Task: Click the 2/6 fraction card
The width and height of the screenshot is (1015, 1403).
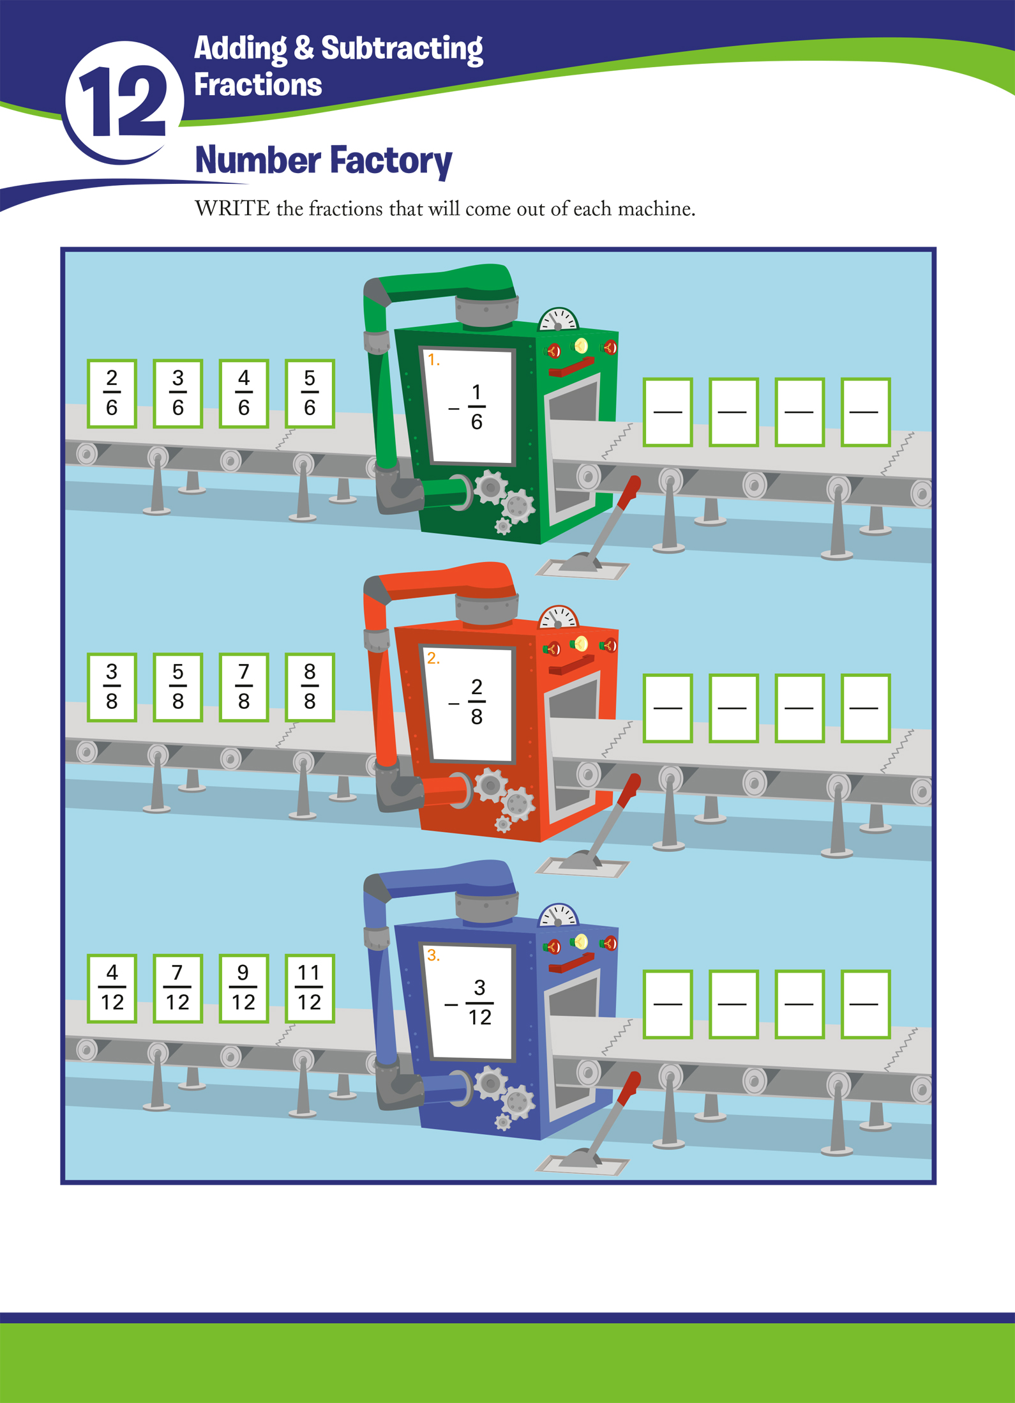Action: (112, 393)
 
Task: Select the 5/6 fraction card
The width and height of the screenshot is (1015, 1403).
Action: (310, 393)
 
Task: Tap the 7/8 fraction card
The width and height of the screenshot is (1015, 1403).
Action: (243, 687)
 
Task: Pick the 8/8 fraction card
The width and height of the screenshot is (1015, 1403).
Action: (310, 687)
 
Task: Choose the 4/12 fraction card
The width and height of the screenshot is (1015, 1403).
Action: (112, 988)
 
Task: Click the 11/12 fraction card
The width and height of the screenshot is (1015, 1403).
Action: (310, 988)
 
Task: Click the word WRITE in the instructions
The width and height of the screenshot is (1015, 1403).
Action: (232, 209)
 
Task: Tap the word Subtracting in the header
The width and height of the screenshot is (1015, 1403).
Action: (402, 49)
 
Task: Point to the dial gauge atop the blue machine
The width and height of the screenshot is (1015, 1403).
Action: (558, 916)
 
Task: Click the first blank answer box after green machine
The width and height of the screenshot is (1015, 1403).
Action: (668, 412)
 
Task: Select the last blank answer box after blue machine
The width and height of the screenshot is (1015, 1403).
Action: (865, 1004)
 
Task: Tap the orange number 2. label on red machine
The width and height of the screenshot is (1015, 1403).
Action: (433, 658)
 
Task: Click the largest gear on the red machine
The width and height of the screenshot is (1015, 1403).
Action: (490, 785)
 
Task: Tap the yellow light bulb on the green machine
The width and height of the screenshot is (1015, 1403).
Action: (581, 346)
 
